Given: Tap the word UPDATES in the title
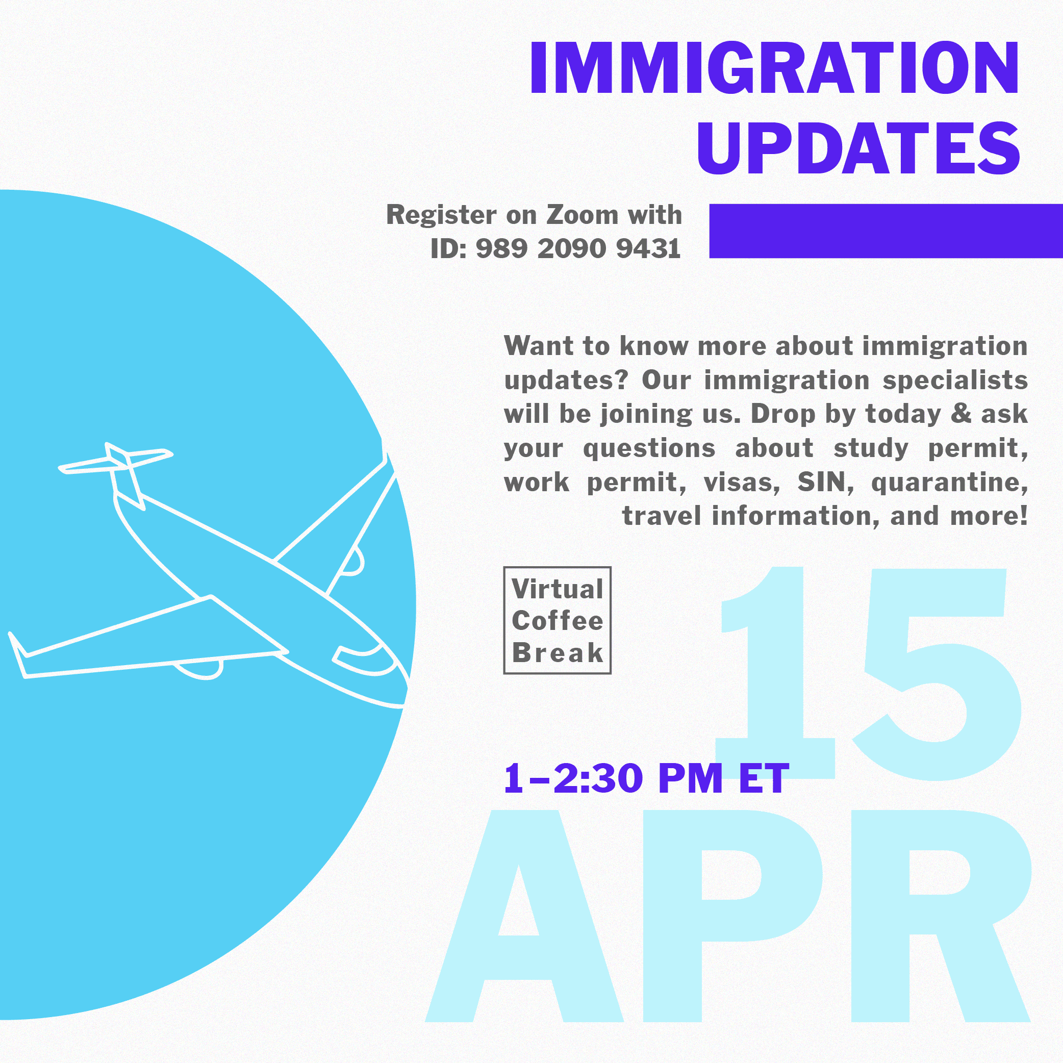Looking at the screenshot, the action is [859, 148].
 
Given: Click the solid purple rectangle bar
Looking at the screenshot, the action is [886, 231].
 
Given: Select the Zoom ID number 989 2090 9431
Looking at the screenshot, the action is [578, 249].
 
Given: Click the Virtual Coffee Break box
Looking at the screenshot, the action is [558, 620].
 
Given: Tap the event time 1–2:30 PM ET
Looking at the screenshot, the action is [646, 778].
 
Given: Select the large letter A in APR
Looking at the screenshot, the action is [524, 916].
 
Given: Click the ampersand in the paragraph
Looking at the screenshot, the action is [961, 414].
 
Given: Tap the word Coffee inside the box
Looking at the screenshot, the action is [558, 621].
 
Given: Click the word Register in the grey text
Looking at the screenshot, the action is [441, 215].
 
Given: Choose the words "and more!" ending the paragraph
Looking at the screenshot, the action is [959, 516].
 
